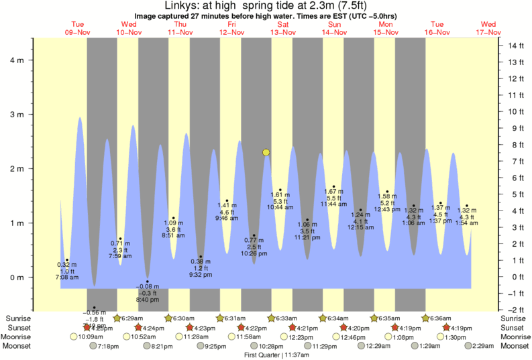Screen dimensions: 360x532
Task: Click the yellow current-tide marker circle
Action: [x=266, y=153]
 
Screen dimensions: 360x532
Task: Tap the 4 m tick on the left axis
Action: [x=17, y=60]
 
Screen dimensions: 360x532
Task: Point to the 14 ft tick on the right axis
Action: [x=515, y=46]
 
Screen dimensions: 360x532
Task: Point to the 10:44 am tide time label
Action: [x=280, y=207]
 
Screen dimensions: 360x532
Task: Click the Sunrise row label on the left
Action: [x=17, y=318]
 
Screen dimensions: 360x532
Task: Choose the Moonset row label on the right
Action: [x=515, y=346]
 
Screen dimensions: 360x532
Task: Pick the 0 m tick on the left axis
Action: [x=17, y=278]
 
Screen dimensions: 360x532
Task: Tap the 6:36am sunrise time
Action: [x=439, y=318]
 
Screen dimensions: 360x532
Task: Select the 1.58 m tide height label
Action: [x=387, y=196]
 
